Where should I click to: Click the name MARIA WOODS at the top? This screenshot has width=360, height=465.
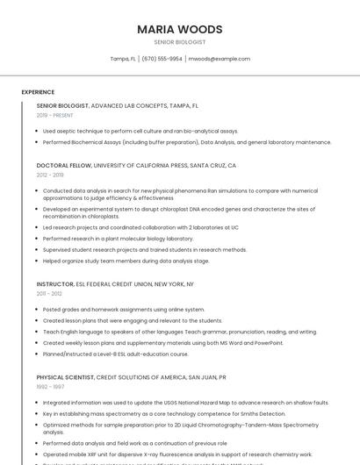[x=179, y=30]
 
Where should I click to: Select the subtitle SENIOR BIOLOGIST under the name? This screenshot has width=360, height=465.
[x=179, y=42]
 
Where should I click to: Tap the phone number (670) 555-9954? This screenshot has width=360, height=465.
[x=162, y=59]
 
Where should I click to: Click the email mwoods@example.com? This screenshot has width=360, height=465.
[x=220, y=59]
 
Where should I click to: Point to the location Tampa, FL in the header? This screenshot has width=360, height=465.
[x=123, y=59]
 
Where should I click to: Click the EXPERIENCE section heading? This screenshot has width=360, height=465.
[x=38, y=92]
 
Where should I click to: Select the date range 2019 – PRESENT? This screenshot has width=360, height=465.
[x=55, y=115]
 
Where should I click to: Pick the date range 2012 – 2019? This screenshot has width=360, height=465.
[x=50, y=175]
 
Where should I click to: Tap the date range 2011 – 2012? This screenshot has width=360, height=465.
[x=49, y=294]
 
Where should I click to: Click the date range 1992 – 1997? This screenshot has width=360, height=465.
[x=50, y=387]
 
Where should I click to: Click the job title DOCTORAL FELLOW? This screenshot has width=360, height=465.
[x=63, y=165]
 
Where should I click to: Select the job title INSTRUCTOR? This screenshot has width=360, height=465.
[x=55, y=284]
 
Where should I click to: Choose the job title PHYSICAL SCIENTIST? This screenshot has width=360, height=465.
[x=64, y=377]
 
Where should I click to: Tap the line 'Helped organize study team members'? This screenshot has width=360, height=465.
[x=126, y=261]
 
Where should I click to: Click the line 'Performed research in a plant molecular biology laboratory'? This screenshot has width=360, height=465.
[x=118, y=238]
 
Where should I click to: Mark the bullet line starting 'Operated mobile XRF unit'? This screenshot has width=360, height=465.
[x=176, y=454]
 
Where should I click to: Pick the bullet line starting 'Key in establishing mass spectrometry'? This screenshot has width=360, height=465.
[x=163, y=413]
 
